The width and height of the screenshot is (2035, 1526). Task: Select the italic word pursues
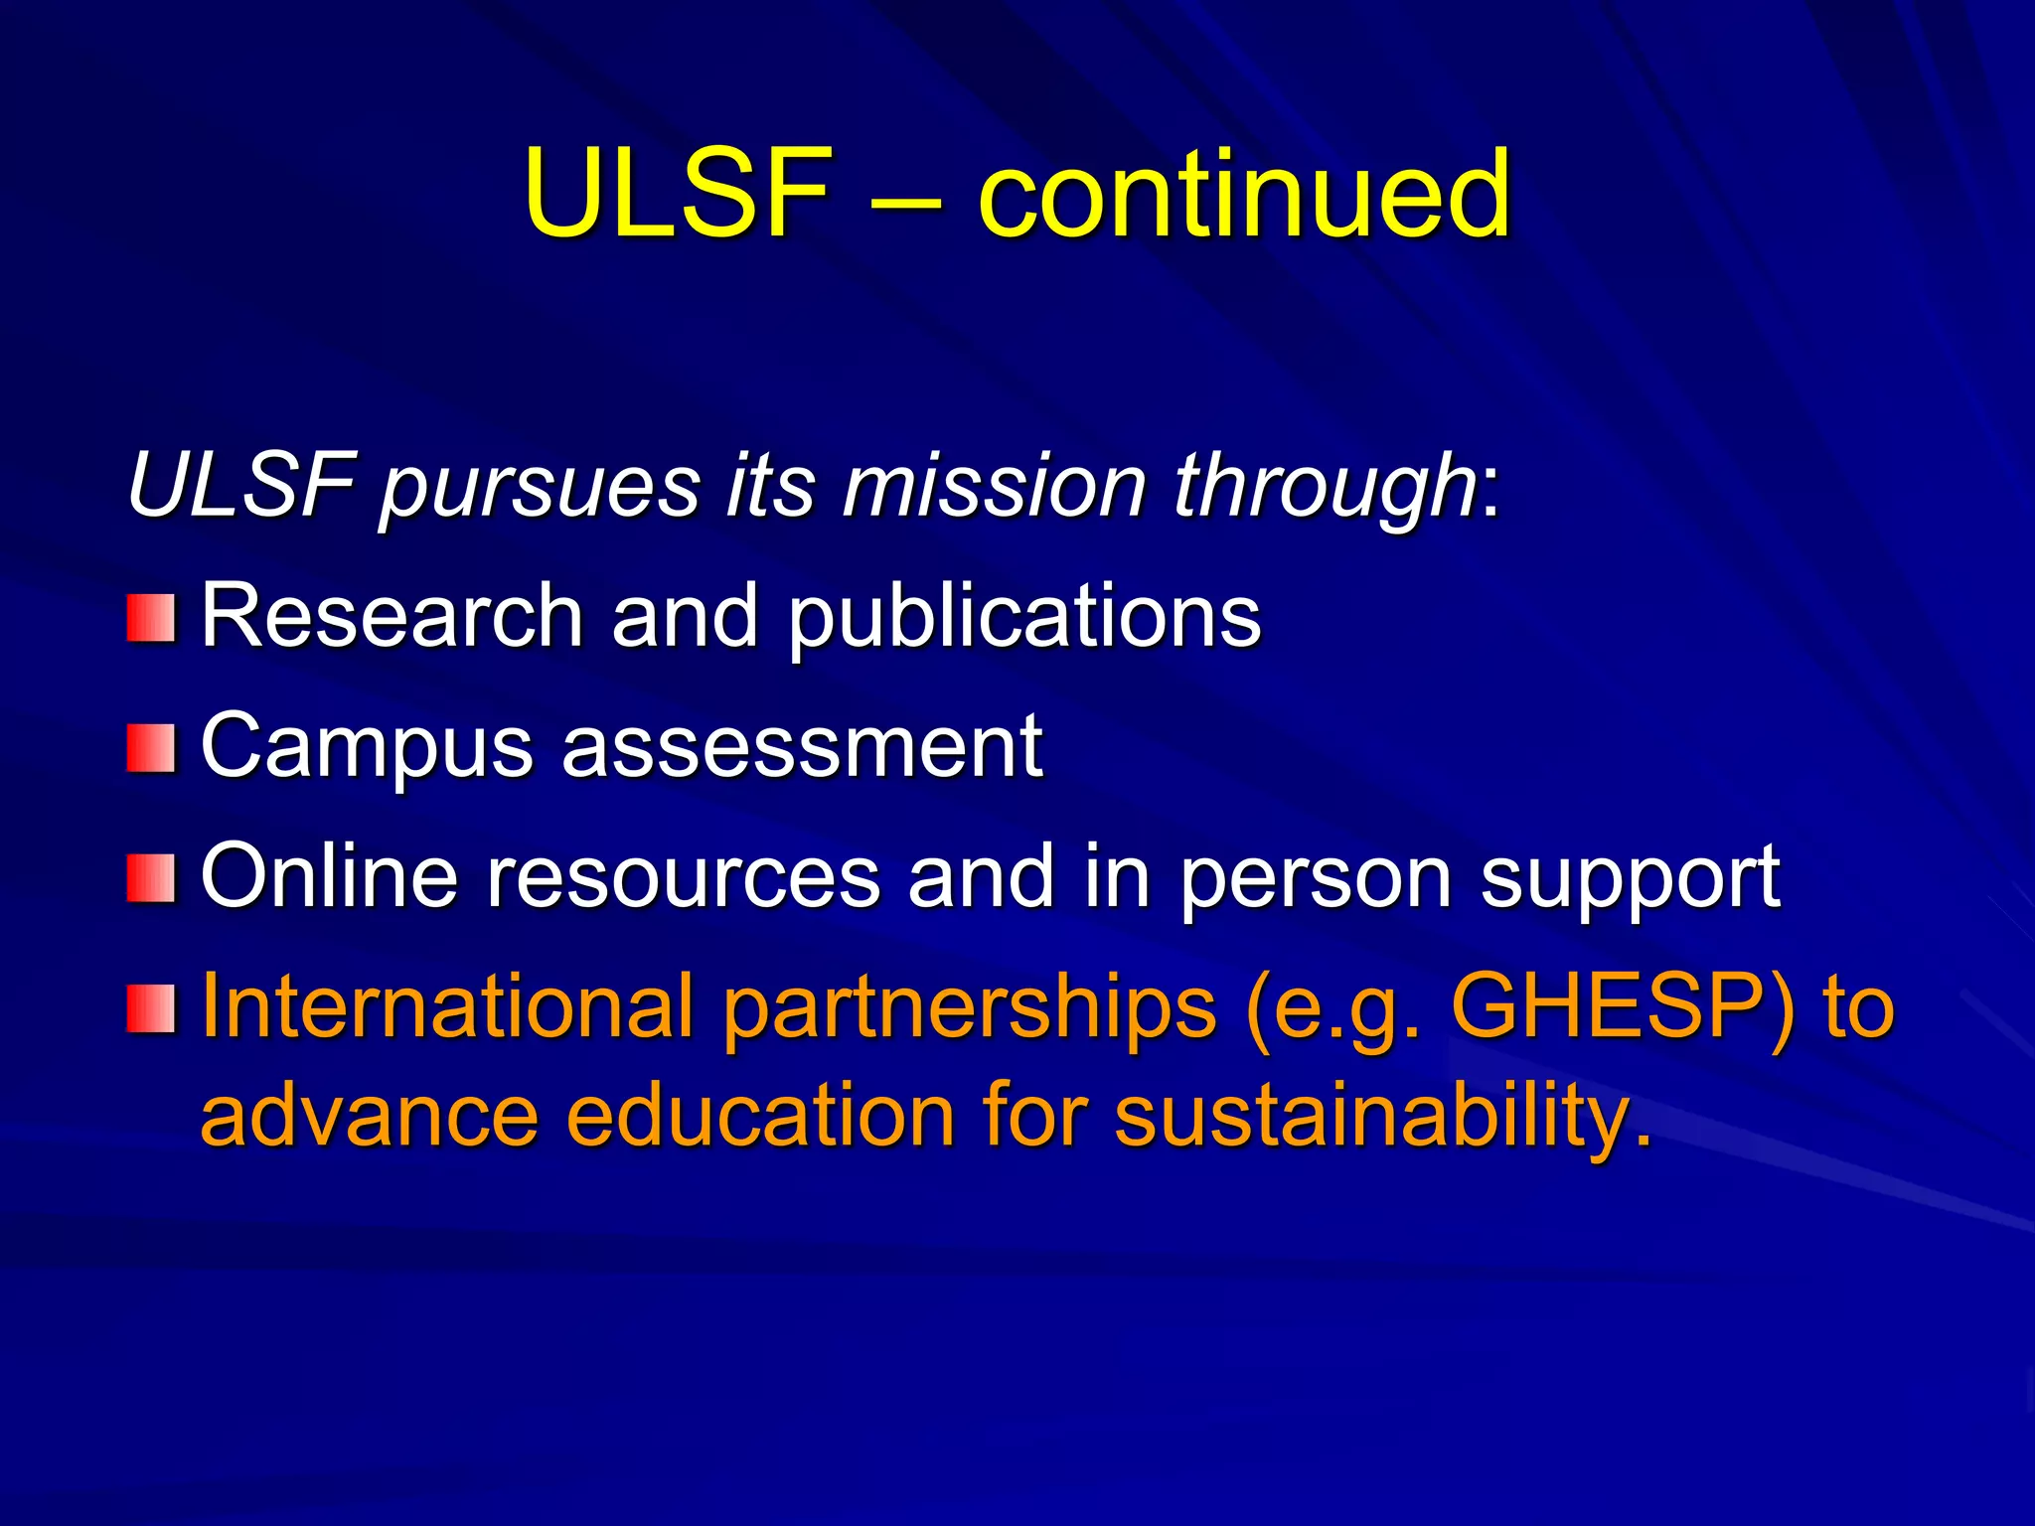(x=540, y=487)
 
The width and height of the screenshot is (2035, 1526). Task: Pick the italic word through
(x=1325, y=487)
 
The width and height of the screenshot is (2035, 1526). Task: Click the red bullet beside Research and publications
(x=151, y=618)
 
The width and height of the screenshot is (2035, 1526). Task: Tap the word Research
(x=391, y=616)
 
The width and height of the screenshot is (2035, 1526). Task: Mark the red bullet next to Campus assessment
(x=151, y=748)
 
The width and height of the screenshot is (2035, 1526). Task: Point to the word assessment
(x=802, y=746)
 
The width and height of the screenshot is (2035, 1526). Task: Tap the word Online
(x=329, y=875)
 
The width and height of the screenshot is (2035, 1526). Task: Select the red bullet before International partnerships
(x=151, y=1008)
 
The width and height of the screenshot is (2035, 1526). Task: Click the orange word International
(x=447, y=1005)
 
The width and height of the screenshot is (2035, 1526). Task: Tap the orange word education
(x=760, y=1115)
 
